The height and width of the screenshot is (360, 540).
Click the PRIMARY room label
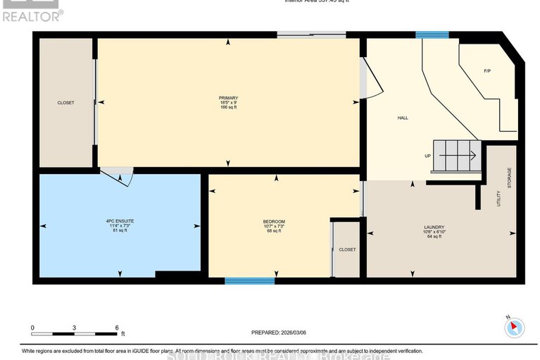(228, 97)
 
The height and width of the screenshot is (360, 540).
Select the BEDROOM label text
(274, 221)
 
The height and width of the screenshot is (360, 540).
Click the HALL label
(403, 118)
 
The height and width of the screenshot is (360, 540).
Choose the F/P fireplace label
(487, 71)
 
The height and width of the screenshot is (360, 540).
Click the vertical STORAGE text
(509, 179)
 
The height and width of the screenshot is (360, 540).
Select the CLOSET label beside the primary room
(65, 103)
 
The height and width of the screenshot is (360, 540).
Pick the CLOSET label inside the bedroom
(347, 249)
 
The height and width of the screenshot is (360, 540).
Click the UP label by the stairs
(427, 156)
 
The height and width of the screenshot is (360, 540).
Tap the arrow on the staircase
(470, 154)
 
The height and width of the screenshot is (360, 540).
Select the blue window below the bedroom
(249, 281)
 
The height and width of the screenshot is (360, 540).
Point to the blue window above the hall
(432, 35)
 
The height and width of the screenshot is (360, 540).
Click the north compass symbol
(515, 327)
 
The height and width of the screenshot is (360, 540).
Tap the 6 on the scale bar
(117, 328)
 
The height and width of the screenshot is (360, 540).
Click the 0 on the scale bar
(32, 328)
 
